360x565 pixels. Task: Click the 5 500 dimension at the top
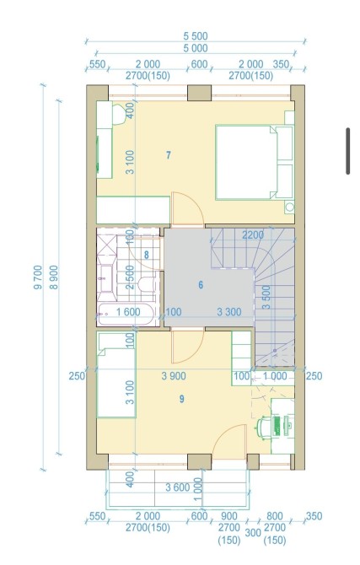click(x=196, y=36)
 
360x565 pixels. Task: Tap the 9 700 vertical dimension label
click(x=38, y=277)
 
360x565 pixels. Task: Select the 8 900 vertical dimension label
click(x=54, y=277)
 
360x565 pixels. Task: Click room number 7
click(x=169, y=155)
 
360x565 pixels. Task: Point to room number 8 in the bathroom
click(x=147, y=256)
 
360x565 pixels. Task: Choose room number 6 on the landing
click(x=201, y=285)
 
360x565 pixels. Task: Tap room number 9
click(x=181, y=399)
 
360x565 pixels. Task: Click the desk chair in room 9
click(x=263, y=428)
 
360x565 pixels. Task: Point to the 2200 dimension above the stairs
click(x=253, y=235)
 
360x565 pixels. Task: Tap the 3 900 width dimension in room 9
click(x=174, y=376)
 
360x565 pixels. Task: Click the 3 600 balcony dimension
click(x=178, y=487)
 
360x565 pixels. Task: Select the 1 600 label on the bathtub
click(x=128, y=312)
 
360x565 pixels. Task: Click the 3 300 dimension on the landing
click(x=229, y=312)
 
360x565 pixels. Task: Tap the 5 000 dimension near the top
click(x=196, y=48)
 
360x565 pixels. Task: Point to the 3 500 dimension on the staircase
click(x=266, y=298)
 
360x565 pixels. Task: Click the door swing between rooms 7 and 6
click(x=186, y=210)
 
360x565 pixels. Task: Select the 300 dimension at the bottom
click(x=253, y=532)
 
